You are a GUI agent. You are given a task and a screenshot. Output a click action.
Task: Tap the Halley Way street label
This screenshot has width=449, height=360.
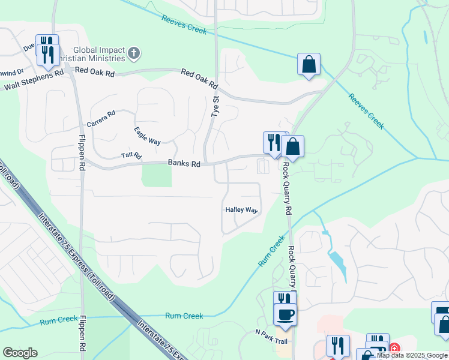coord(241,210)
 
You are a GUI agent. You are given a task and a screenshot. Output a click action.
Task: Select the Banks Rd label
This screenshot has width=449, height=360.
coord(184,163)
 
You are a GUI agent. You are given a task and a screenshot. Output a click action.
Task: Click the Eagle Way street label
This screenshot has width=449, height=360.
coord(147,136)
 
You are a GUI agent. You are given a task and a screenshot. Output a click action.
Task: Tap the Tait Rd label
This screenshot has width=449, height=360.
coord(131,155)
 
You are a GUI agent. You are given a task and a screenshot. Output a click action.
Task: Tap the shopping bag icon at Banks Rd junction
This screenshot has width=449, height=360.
coord(293,146)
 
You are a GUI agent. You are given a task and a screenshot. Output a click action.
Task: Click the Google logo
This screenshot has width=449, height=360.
coord(20,353)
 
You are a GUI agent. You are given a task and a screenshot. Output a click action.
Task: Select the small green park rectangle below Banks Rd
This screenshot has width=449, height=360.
coord(156,175)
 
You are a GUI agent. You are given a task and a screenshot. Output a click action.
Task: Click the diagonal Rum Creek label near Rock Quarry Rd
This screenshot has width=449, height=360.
coord(272,251)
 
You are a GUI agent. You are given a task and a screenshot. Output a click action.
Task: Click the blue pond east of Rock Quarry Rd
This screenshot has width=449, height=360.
coord(337,263)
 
